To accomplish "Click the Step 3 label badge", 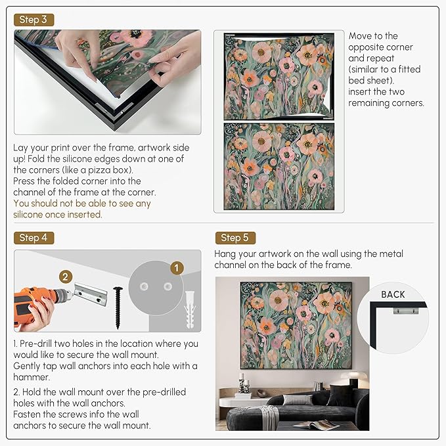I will [33, 20].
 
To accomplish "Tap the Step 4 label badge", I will [33, 238].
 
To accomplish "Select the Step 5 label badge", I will [234, 238].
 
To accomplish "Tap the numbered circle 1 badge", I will [175, 268].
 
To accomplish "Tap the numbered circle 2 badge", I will [65, 277].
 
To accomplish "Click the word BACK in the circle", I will [393, 294].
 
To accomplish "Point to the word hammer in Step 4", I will [30, 377].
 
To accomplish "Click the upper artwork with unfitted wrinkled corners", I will [279, 76].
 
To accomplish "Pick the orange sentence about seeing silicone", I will [82, 209].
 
